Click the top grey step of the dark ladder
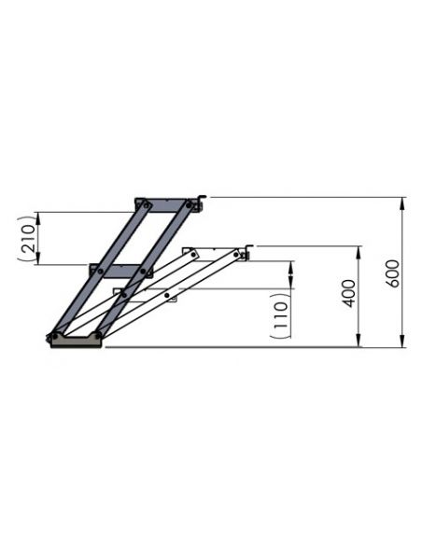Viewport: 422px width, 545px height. (169, 203)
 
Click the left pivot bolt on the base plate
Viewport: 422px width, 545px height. (55, 334)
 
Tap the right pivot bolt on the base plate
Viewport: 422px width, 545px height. (98, 333)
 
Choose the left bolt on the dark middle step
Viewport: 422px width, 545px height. (96, 272)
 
